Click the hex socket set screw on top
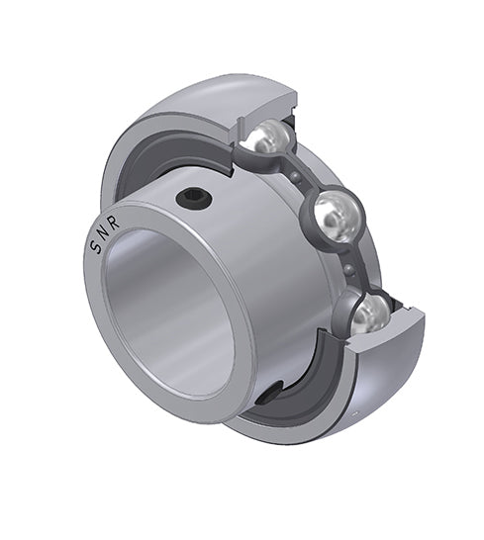(x=193, y=199)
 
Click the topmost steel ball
(x=264, y=137)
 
